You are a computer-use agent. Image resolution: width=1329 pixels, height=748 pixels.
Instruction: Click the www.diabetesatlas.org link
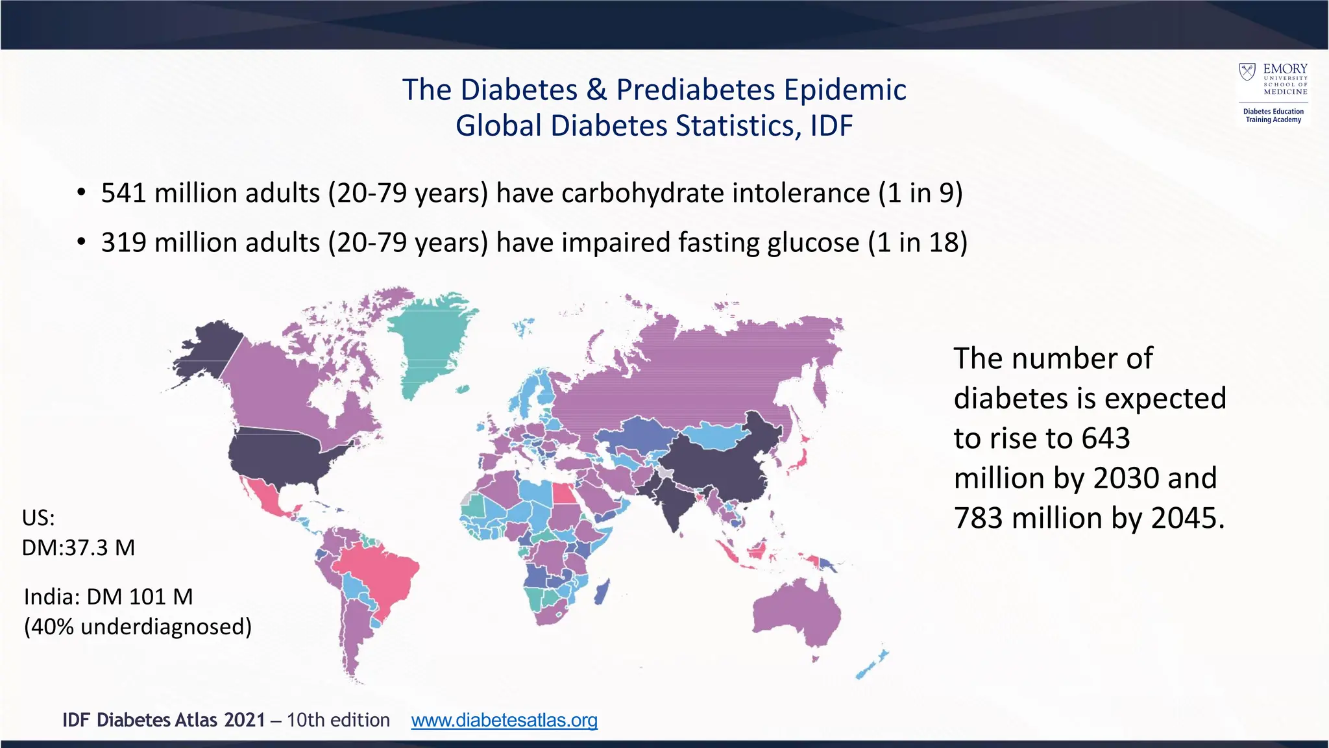coord(504,720)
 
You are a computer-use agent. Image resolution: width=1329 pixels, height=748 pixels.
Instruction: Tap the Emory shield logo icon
coord(1247,71)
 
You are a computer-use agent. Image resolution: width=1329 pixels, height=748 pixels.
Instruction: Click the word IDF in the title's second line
coord(831,126)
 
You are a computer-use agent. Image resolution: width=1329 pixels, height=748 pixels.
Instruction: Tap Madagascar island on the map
coord(602,592)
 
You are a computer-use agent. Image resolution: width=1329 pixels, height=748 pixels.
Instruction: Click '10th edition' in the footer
coord(338,720)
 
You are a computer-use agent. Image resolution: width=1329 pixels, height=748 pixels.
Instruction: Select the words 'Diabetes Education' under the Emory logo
coord(1273,112)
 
